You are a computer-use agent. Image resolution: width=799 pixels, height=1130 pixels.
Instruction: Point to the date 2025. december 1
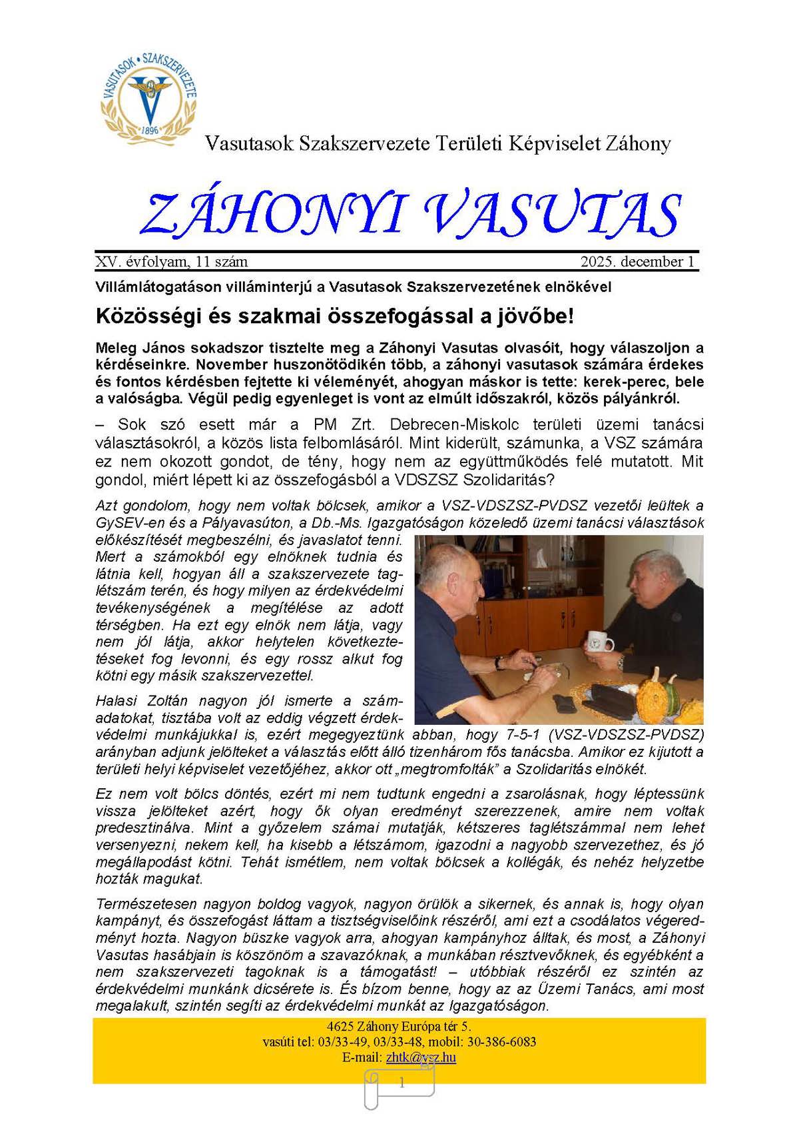637,262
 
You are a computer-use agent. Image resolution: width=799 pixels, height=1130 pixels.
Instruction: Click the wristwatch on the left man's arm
498,662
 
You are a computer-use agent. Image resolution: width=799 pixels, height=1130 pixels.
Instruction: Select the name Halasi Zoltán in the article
142,701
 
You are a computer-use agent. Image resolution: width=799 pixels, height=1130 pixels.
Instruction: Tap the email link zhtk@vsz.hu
420,1057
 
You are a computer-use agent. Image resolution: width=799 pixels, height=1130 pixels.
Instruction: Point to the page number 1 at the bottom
401,1083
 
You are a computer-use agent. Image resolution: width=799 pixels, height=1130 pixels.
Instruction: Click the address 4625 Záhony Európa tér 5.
399,1026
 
